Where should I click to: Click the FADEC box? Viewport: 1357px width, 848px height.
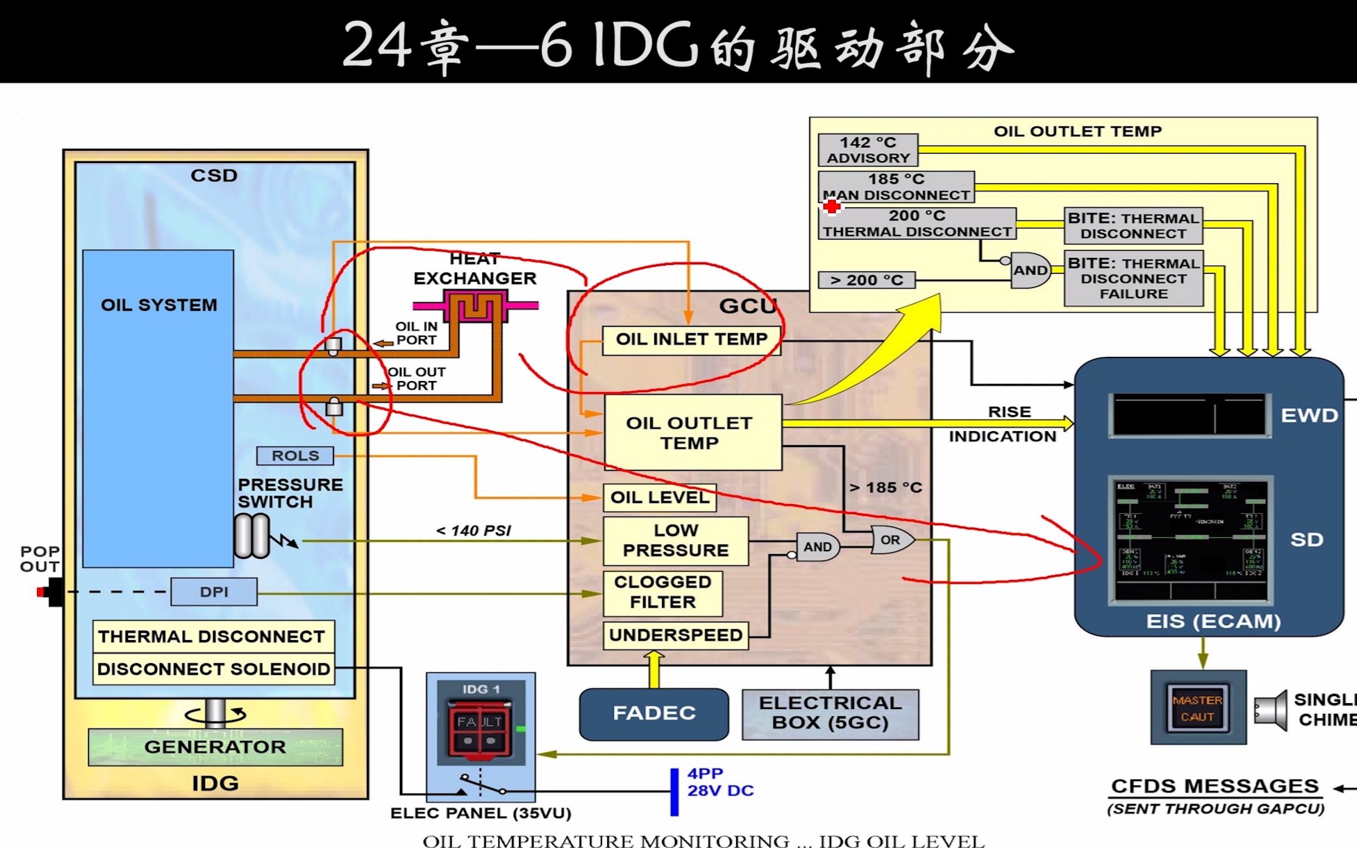coord(654,713)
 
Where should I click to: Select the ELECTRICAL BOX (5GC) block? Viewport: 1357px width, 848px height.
coord(830,713)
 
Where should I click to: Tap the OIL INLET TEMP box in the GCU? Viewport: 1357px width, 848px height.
coord(691,340)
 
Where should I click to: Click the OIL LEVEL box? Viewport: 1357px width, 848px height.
coord(659,498)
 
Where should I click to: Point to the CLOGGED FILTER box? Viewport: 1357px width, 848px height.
coord(662,592)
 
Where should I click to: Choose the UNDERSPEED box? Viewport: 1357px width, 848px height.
coord(675,635)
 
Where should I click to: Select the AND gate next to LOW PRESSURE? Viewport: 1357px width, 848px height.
coord(817,547)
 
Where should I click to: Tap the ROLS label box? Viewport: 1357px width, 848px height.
coord(294,456)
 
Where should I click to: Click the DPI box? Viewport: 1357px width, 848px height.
coord(214,592)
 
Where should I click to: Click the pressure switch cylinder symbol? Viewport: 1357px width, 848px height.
coord(252,536)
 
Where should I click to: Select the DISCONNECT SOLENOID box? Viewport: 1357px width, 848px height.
coord(213,669)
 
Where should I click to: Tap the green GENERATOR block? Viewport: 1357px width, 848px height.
coord(215,747)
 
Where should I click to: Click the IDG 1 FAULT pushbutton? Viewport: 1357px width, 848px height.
coord(479,728)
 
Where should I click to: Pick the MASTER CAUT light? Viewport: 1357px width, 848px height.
coord(1197,708)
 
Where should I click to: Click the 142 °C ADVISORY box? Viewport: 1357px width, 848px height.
coord(868,150)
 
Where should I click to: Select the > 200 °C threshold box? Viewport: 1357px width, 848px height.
coord(866,280)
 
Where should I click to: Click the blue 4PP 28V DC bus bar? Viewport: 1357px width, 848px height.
coord(674,791)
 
